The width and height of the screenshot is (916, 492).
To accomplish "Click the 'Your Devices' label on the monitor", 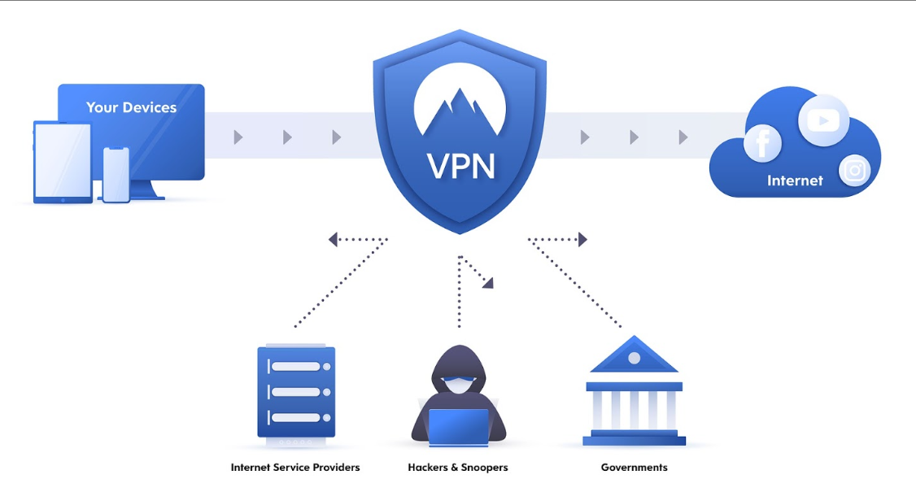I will coord(131,107).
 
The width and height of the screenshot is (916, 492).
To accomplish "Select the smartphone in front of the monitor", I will coord(116,175).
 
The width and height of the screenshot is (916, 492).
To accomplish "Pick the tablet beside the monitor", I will coord(62,162).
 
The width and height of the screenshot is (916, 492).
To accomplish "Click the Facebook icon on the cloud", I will coord(762,144).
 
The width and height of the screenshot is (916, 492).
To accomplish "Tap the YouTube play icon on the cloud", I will coord(823,120).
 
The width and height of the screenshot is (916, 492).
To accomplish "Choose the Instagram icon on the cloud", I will coord(854,171).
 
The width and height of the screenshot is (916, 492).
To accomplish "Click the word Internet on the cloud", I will coord(795,181).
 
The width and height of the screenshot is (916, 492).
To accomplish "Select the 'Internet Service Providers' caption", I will coord(295,468).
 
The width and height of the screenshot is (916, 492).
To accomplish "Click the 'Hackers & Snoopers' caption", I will coord(458,468).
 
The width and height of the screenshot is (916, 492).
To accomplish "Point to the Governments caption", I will coord(634,468).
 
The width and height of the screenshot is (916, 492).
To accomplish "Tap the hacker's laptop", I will coord(458,427).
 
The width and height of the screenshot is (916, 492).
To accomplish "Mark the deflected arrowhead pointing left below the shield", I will coord(333,239).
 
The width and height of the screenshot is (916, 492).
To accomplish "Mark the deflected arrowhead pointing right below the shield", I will coord(582,239).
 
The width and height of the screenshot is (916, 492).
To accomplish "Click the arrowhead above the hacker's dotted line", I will coord(488,282).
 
